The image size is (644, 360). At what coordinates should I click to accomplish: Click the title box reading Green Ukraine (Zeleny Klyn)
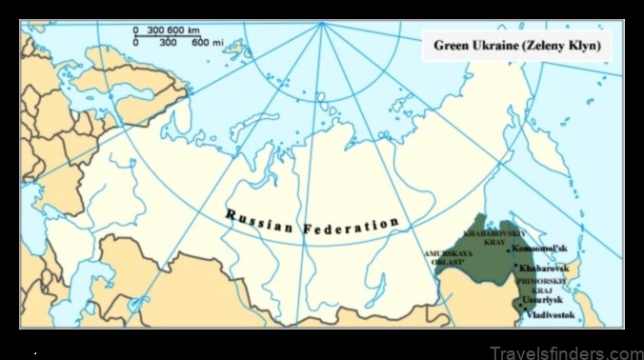coord(517,45)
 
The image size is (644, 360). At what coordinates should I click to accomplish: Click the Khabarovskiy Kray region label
coord(489,236)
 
